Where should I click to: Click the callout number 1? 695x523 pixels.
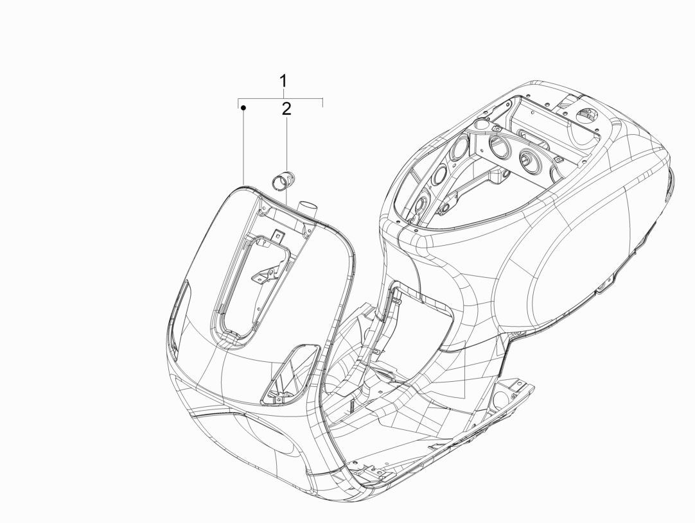pos(283,81)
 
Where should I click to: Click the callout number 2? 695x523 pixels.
pos(286,109)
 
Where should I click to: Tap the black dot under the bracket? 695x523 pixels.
pos(243,108)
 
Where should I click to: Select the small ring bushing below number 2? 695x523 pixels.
pos(279,182)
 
